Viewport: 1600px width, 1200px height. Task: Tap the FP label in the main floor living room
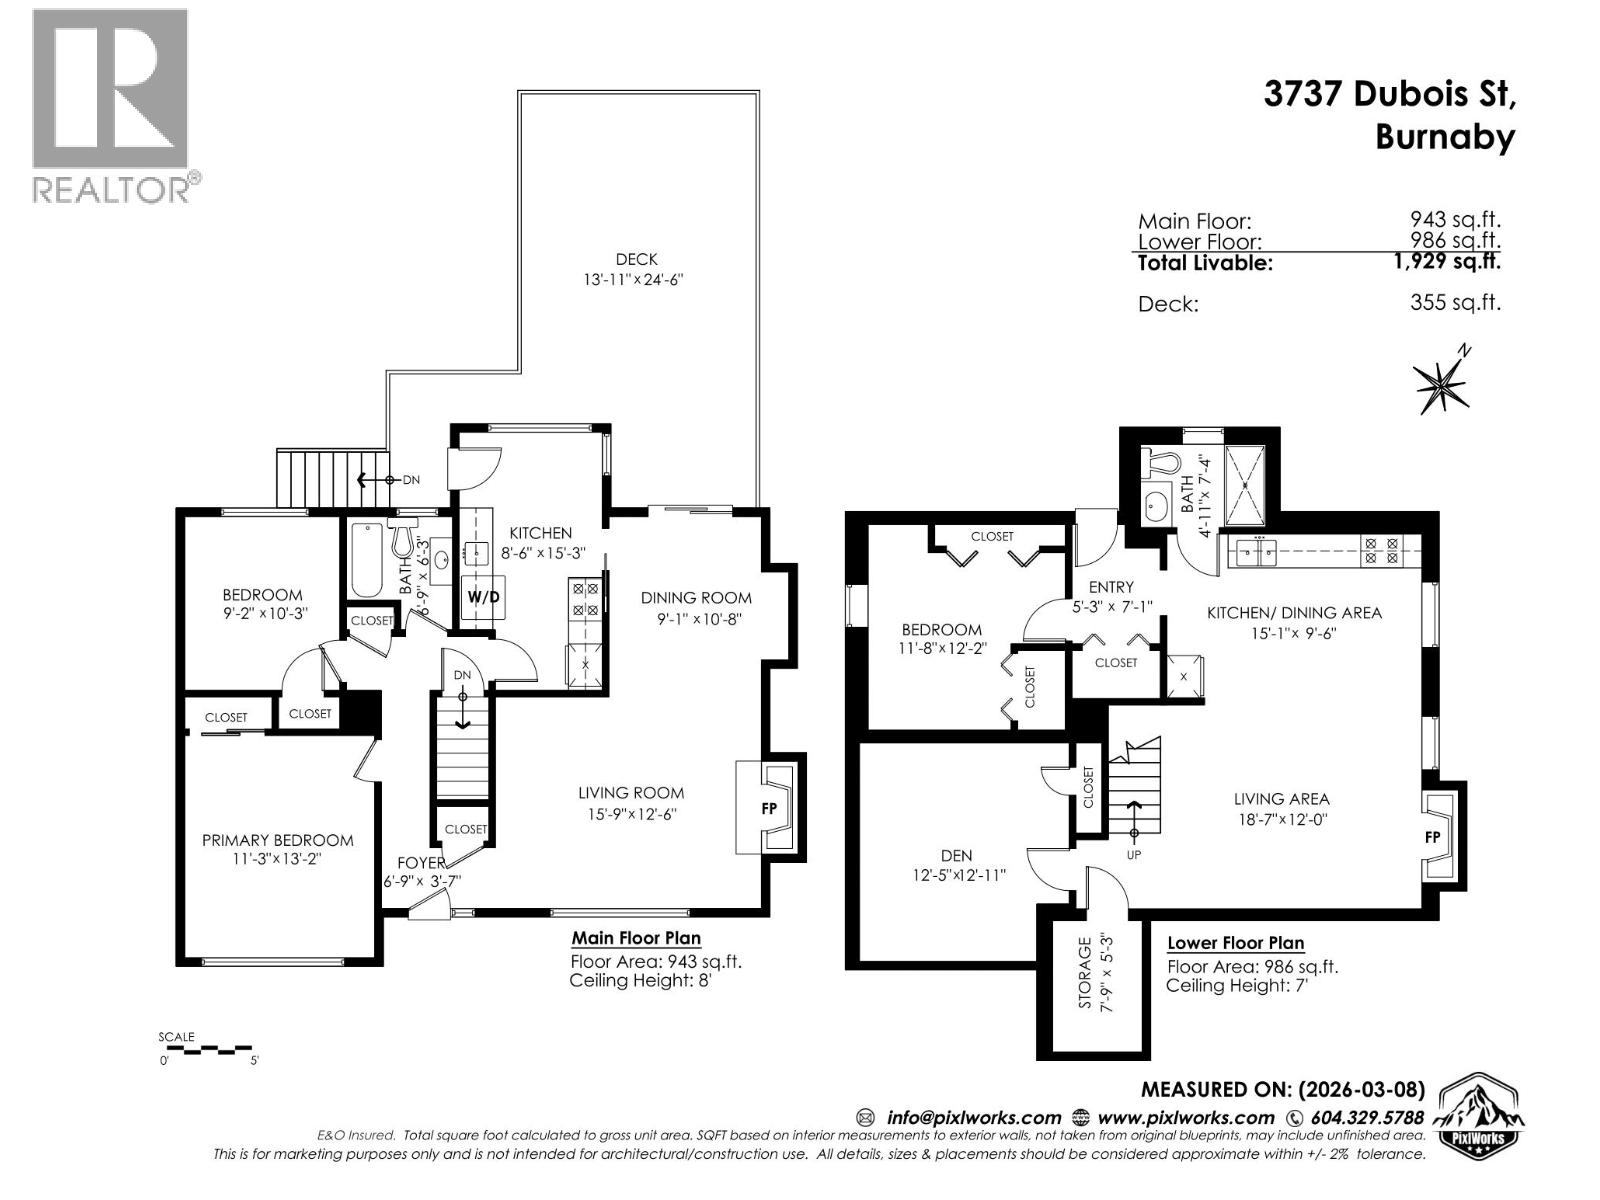(x=769, y=809)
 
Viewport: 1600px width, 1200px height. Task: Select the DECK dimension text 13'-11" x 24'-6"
(x=634, y=280)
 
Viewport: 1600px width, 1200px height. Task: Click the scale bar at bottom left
(x=207, y=1049)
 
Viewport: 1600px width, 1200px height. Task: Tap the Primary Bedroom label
(x=277, y=840)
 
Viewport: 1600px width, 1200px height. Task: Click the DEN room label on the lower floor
(x=956, y=855)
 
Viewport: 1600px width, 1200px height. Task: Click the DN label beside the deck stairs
(x=411, y=480)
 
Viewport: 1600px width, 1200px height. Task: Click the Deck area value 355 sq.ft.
(x=1455, y=302)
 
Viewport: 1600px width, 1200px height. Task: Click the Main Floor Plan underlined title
(x=635, y=938)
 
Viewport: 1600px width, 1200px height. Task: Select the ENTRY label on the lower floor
(x=1111, y=587)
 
